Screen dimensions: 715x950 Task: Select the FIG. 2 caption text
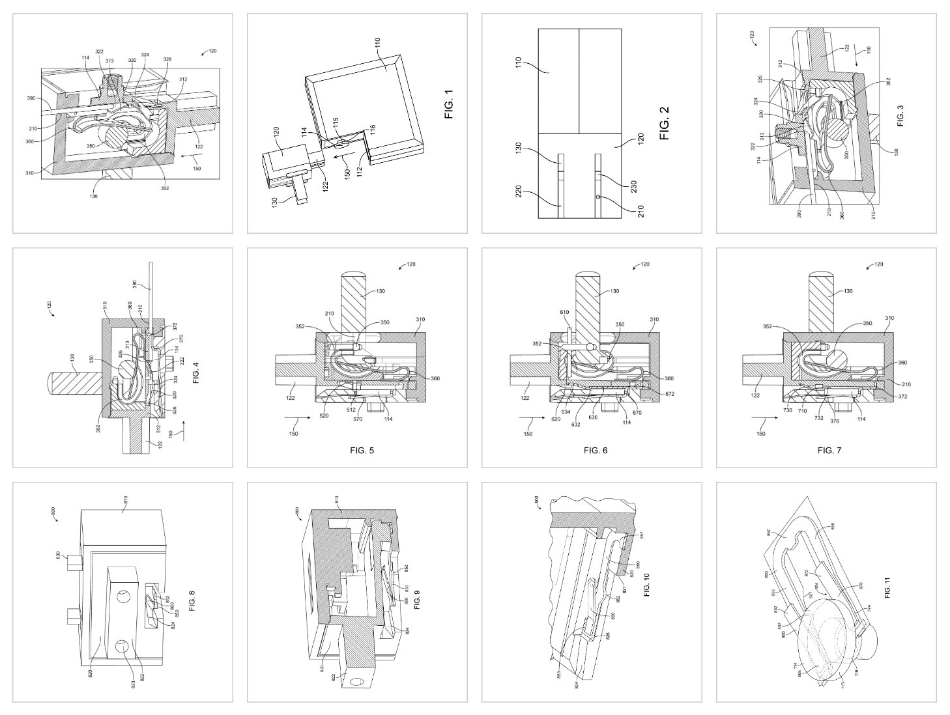[665, 124]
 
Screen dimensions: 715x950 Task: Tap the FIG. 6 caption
[595, 450]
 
